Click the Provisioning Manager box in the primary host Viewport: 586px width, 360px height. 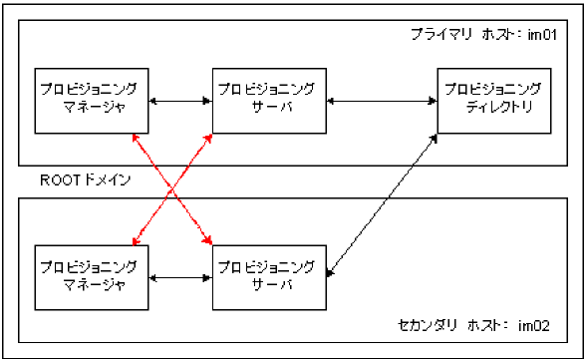pos(91,100)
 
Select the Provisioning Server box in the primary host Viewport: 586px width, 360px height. pos(269,100)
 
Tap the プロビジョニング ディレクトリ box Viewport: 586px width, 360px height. pos(493,100)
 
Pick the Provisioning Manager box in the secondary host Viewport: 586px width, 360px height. pos(91,275)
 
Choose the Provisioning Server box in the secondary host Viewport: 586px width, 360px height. pos(269,275)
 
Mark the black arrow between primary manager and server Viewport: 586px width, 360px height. pos(179,100)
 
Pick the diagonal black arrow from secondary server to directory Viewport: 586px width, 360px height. pos(384,200)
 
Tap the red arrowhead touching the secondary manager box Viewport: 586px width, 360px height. pos(135,240)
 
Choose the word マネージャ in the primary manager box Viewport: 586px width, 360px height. pos(91,109)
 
